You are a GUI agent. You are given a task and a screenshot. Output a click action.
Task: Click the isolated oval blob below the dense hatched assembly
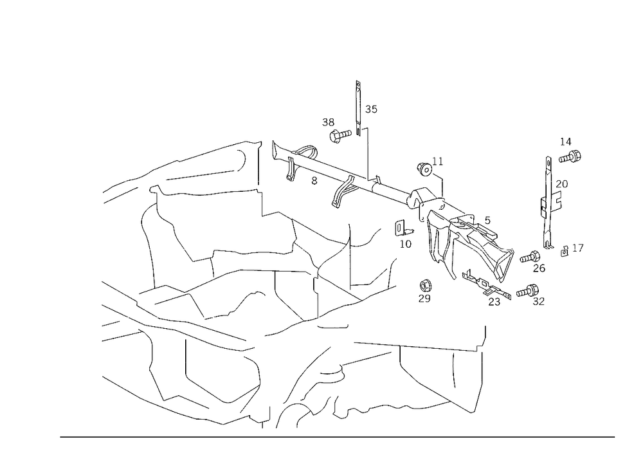[425, 290]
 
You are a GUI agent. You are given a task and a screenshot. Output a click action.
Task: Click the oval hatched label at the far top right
[570, 154]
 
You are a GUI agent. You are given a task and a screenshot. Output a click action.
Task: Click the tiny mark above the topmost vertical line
[359, 83]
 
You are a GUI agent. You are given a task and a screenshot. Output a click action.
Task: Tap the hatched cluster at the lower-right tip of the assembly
[498, 293]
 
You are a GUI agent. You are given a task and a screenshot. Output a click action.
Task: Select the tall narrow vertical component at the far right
[548, 200]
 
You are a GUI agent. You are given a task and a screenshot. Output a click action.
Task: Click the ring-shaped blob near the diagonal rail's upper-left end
[309, 153]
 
